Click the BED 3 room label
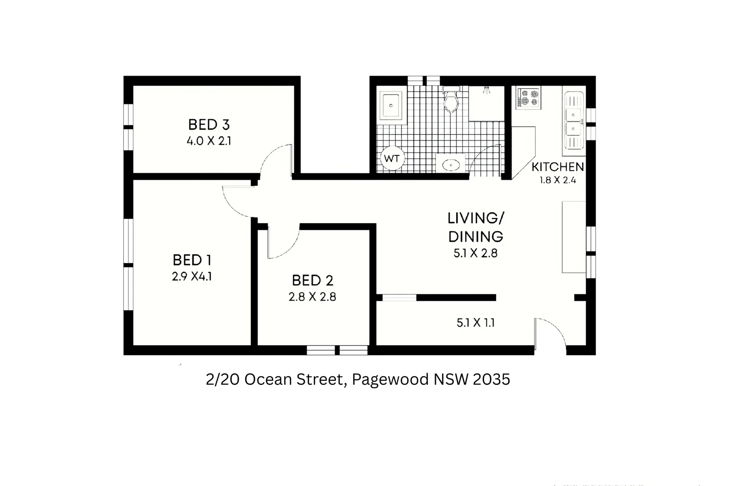pyautogui.click(x=209, y=125)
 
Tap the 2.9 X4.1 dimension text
pyautogui.click(x=192, y=276)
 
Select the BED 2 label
pyautogui.click(x=313, y=281)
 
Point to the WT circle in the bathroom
pyautogui.click(x=392, y=158)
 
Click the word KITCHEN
pyautogui.click(x=558, y=167)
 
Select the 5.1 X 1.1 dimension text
pyautogui.click(x=476, y=323)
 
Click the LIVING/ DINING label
pyautogui.click(x=476, y=227)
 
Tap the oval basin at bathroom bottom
pyautogui.click(x=451, y=165)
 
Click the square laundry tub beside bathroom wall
pyautogui.click(x=391, y=105)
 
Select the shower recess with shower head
pyautogui.click(x=486, y=103)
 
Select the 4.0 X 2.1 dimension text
pyautogui.click(x=209, y=141)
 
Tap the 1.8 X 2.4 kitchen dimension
pyautogui.click(x=558, y=180)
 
